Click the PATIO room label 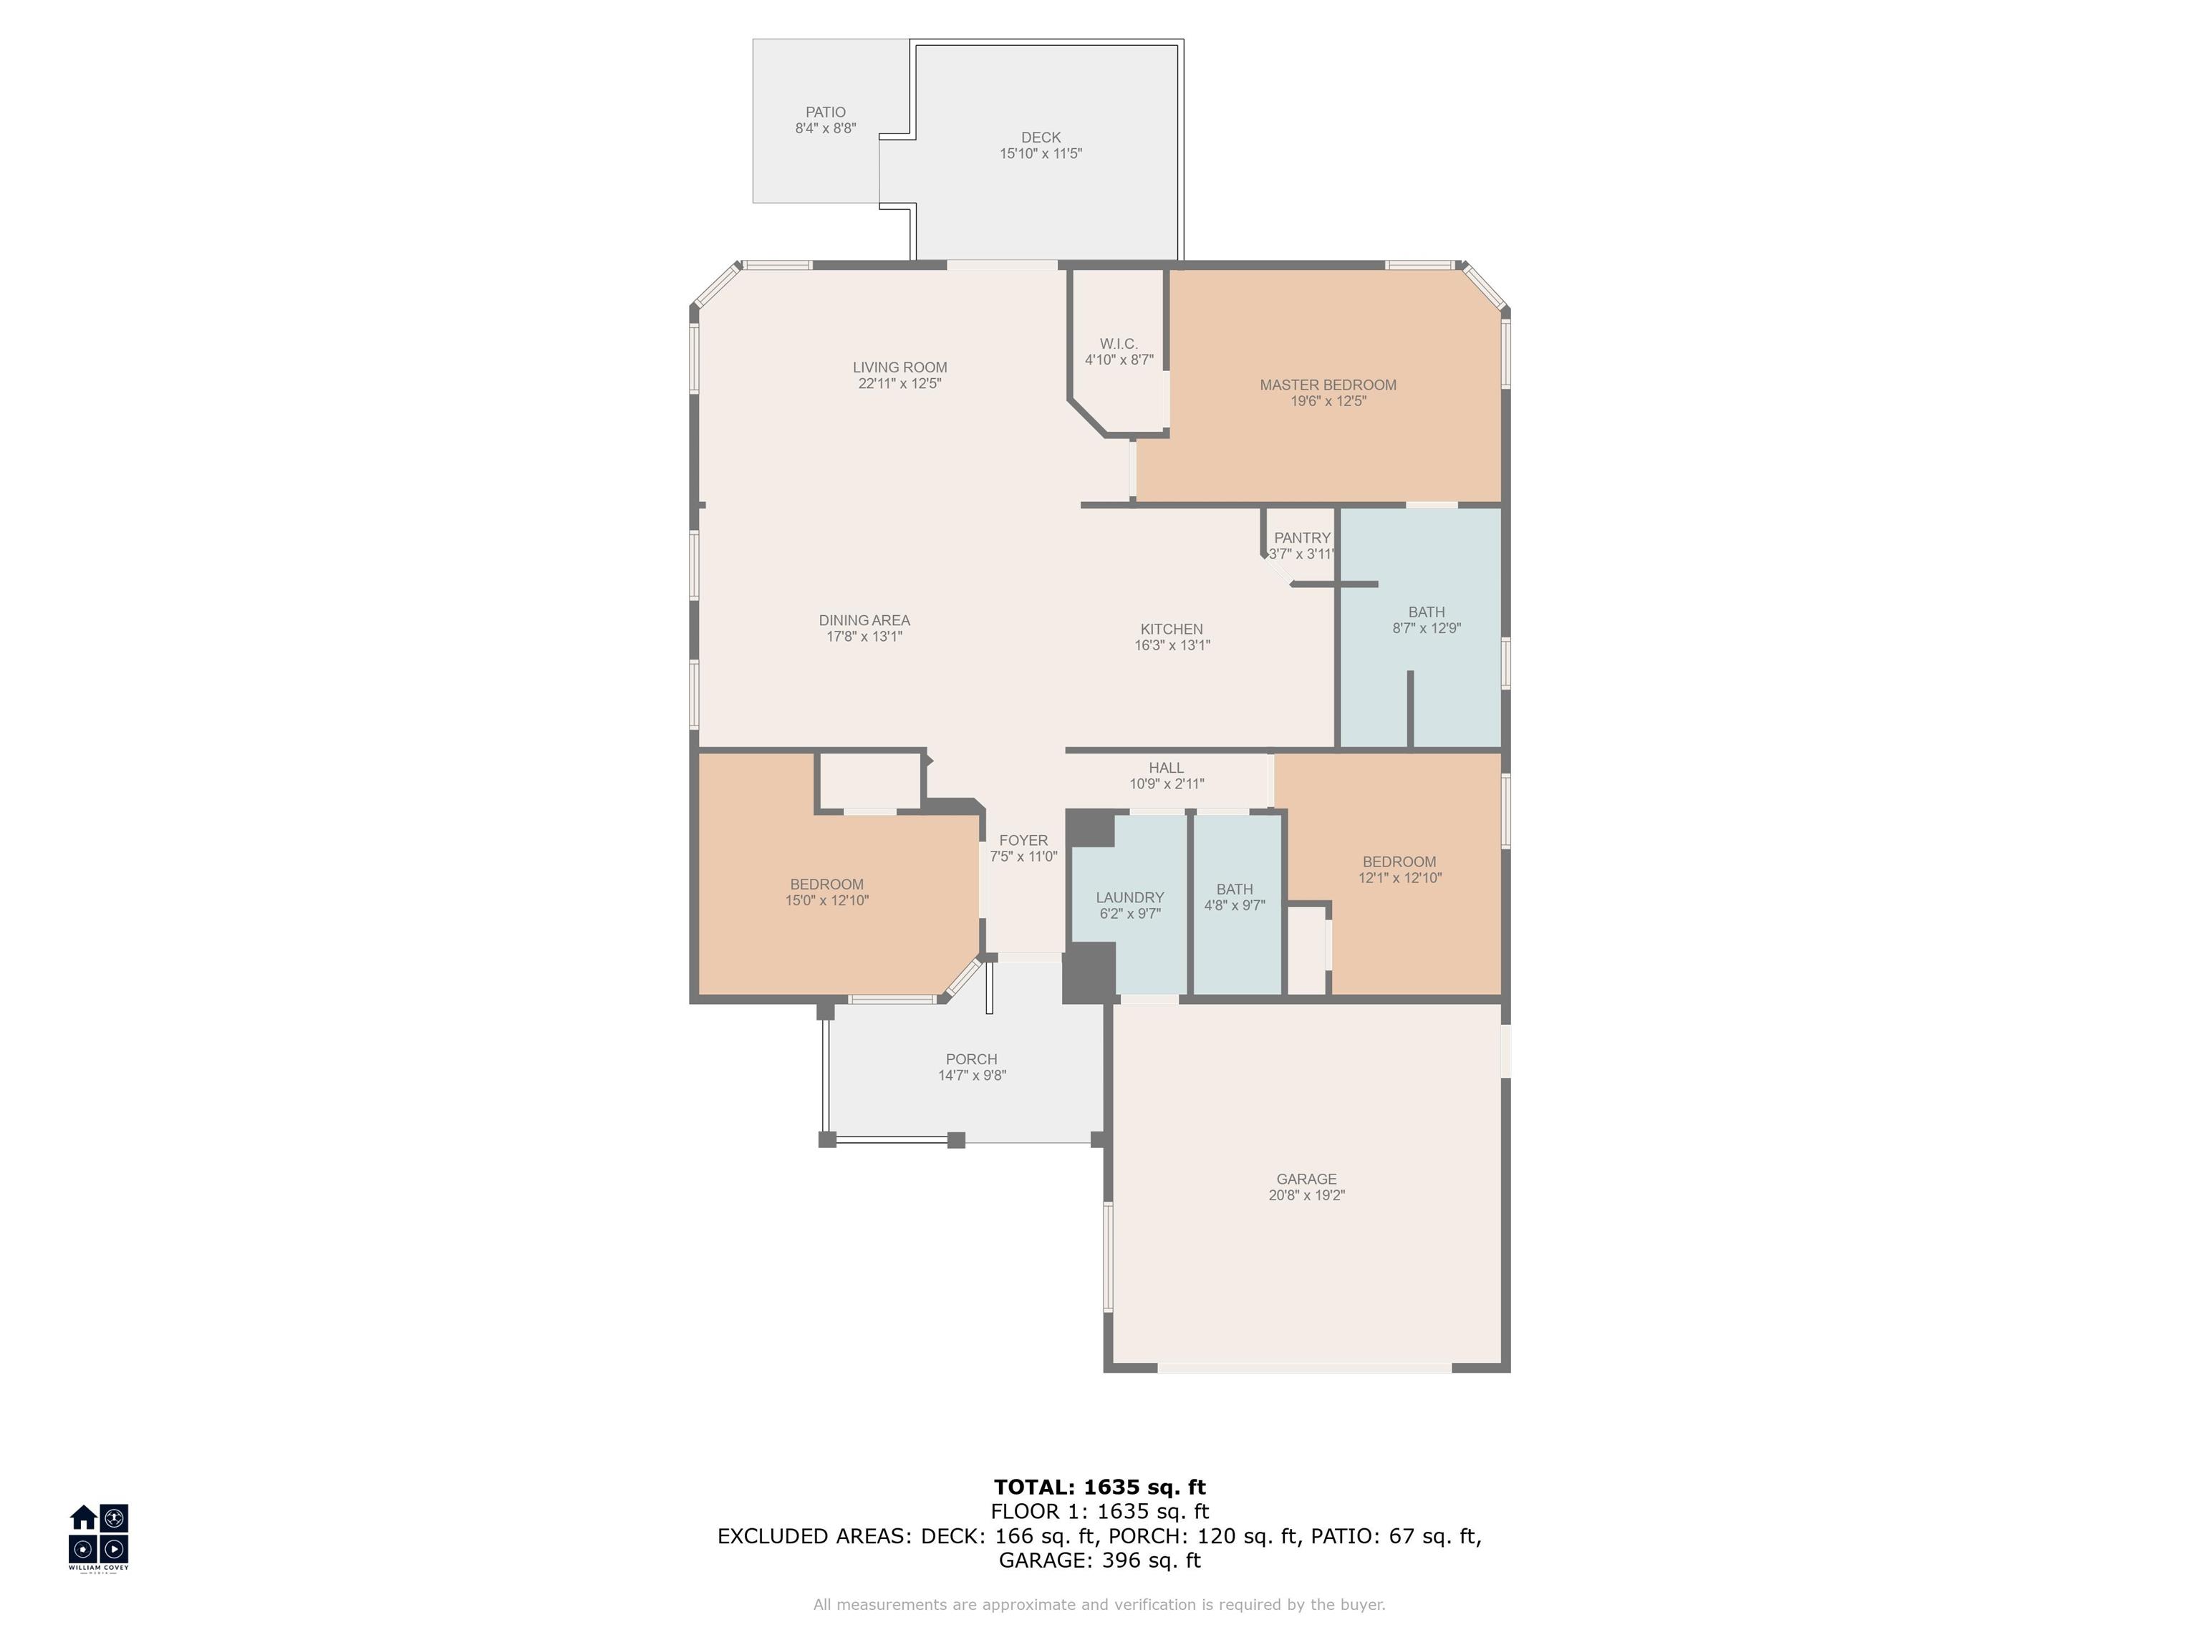coord(826,112)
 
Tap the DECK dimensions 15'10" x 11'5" coord(1041,154)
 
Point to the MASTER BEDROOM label coord(1328,385)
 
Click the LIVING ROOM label coord(900,367)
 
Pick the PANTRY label coord(1302,538)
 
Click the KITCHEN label coord(1172,629)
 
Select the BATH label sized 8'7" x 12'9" coord(1427,612)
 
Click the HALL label coord(1167,768)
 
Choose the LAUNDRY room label coord(1130,897)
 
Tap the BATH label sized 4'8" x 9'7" coord(1234,889)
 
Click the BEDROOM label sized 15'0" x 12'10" coord(826,884)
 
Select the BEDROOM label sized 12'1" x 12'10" coord(1399,862)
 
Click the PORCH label coord(972,1059)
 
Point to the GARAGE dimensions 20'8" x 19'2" coord(1307,1195)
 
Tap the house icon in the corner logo coord(84,1518)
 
